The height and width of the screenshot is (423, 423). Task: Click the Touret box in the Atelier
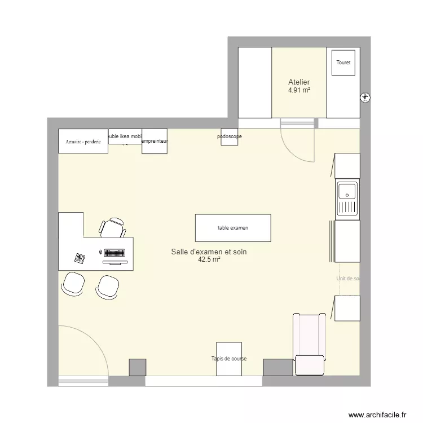point(343,63)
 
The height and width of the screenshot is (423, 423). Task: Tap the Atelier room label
point(299,82)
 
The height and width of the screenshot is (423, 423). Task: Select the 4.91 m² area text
point(299,90)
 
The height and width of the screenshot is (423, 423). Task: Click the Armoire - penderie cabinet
point(83,142)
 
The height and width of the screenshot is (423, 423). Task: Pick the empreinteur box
point(154,142)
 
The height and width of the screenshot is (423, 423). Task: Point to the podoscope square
point(229,137)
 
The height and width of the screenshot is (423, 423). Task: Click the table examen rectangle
point(233,228)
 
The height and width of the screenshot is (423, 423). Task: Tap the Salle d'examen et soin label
point(209,252)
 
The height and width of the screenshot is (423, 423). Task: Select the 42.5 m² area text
point(209,260)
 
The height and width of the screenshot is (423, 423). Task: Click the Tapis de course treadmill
point(229,359)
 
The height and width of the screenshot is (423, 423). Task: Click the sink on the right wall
point(347,200)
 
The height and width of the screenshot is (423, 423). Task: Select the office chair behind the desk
point(112,227)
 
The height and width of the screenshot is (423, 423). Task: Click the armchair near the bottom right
point(309,344)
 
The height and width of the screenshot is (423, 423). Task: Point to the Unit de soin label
point(347,279)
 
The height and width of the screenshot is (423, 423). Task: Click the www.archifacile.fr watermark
point(378,415)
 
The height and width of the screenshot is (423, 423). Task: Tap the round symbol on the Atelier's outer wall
point(365,98)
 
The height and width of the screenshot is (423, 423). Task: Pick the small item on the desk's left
point(80,258)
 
